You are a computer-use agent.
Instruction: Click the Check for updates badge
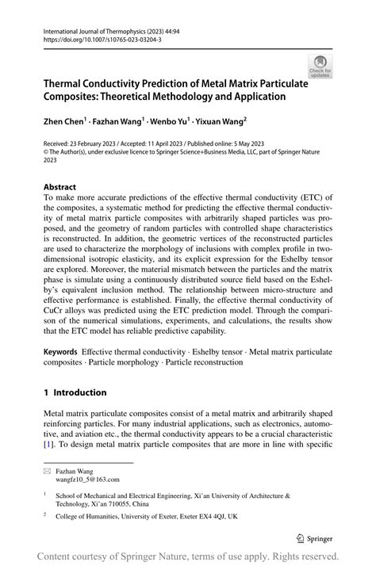320,67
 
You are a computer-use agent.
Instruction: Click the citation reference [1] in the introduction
49,446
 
